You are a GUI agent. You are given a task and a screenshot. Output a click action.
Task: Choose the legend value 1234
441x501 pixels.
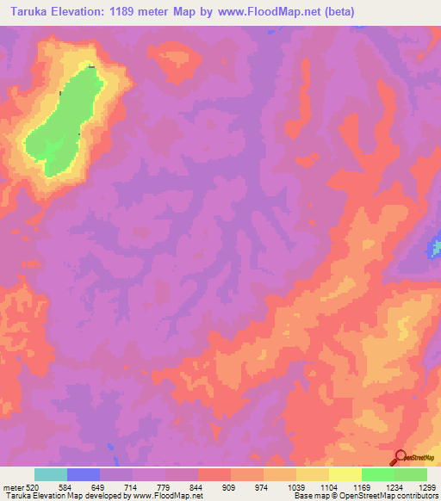[x=394, y=486]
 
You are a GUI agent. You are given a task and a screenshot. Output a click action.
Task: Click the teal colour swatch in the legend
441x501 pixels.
[x=51, y=474]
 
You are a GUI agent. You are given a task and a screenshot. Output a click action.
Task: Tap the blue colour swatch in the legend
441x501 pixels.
[x=84, y=474]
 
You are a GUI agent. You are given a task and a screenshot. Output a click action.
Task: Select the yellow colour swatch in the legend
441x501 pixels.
[x=345, y=474]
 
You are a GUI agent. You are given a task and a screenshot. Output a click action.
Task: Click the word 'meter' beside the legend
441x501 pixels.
[x=12, y=486]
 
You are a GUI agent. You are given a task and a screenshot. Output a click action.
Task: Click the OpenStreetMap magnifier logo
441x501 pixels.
[x=402, y=457]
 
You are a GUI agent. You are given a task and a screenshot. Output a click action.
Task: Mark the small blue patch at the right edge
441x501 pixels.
[x=435, y=250]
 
